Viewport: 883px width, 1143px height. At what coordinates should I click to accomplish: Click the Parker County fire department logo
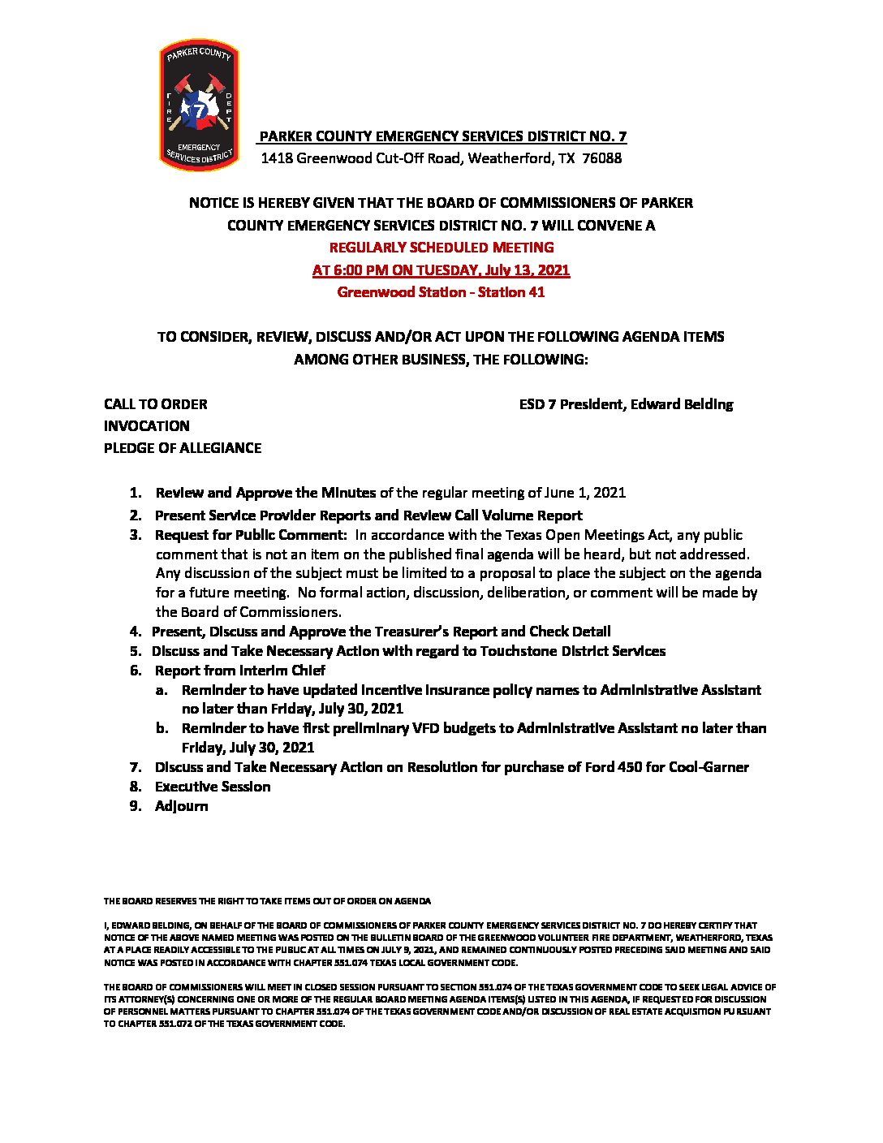click(x=199, y=105)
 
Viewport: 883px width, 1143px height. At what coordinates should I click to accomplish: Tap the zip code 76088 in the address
click(x=602, y=158)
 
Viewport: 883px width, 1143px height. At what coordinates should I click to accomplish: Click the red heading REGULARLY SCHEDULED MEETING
click(x=441, y=247)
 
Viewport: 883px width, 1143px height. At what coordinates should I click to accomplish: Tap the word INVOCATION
click(x=147, y=426)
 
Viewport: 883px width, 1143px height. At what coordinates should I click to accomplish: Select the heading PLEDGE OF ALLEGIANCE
click(x=183, y=448)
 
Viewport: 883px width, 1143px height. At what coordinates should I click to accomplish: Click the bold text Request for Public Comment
click(x=250, y=535)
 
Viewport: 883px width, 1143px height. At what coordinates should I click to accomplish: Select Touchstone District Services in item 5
click(x=573, y=651)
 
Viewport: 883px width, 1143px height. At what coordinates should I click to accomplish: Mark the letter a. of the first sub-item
click(x=162, y=690)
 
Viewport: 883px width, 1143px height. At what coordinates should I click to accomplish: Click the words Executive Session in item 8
click(x=213, y=787)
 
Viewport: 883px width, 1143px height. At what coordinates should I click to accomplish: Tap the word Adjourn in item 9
click(x=182, y=806)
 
